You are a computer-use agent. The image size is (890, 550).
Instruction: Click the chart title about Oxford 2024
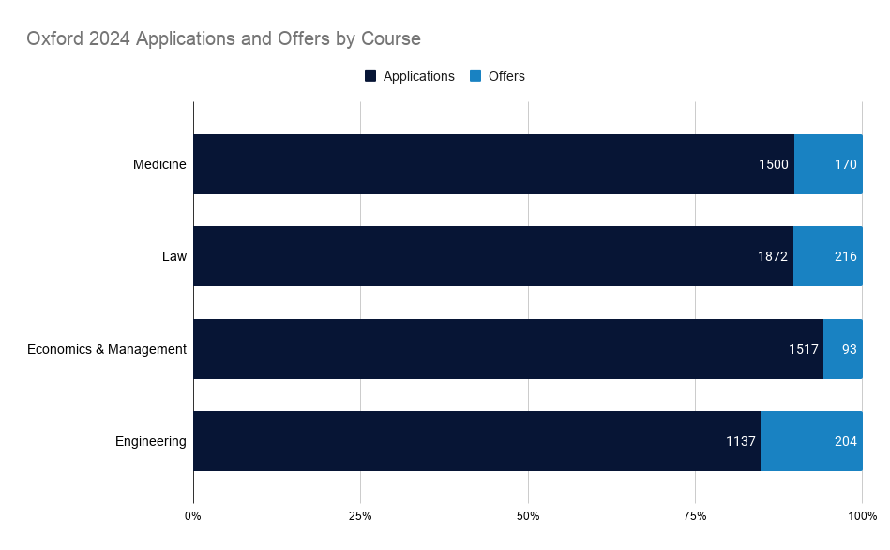point(223,39)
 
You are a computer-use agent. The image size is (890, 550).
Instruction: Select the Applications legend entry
point(410,76)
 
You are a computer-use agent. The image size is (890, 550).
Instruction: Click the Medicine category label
point(159,164)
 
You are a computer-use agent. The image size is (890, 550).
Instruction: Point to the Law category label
point(174,256)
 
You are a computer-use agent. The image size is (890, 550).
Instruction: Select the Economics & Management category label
point(107,349)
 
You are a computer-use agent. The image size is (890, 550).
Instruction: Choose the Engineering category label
point(151,441)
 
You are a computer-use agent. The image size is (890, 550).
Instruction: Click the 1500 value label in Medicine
point(774,164)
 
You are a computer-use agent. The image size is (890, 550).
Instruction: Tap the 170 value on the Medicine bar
point(845,164)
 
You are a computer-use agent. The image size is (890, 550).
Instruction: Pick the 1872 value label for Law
point(773,256)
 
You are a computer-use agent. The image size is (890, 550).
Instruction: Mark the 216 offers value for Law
point(845,256)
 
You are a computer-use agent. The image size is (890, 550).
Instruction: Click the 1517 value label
point(803,349)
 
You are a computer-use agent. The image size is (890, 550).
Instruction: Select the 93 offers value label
point(849,349)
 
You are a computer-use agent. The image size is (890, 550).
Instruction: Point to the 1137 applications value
point(741,441)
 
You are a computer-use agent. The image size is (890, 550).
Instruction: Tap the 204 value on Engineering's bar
point(845,441)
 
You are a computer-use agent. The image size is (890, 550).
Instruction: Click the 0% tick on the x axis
point(193,516)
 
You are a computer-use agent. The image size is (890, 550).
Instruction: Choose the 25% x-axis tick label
point(360,516)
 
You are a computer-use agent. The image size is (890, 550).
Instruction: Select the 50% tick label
point(528,516)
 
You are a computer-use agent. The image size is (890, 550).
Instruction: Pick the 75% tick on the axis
point(695,516)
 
